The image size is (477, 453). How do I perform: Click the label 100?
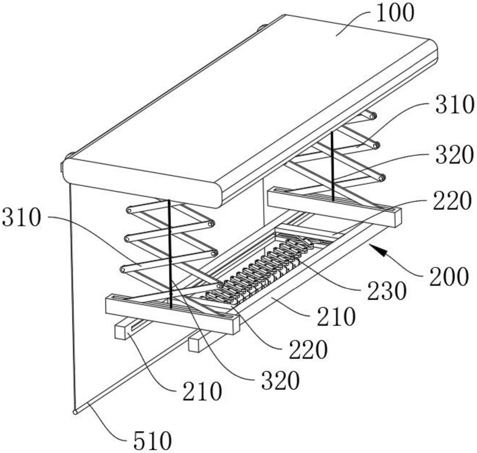click(395, 14)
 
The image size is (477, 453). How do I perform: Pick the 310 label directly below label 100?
click(454, 105)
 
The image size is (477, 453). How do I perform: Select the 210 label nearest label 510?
click(202, 391)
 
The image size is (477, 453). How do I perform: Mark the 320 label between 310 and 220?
click(454, 155)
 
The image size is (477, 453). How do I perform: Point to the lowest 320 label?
click(281, 380)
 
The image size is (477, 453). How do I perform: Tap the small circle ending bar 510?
click(75, 412)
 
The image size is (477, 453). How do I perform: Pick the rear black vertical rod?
click(332, 165)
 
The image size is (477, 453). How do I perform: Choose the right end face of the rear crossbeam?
click(398, 218)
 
